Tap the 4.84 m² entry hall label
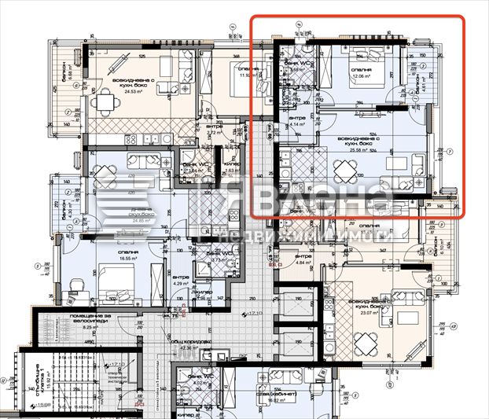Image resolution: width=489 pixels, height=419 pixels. (303, 262)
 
